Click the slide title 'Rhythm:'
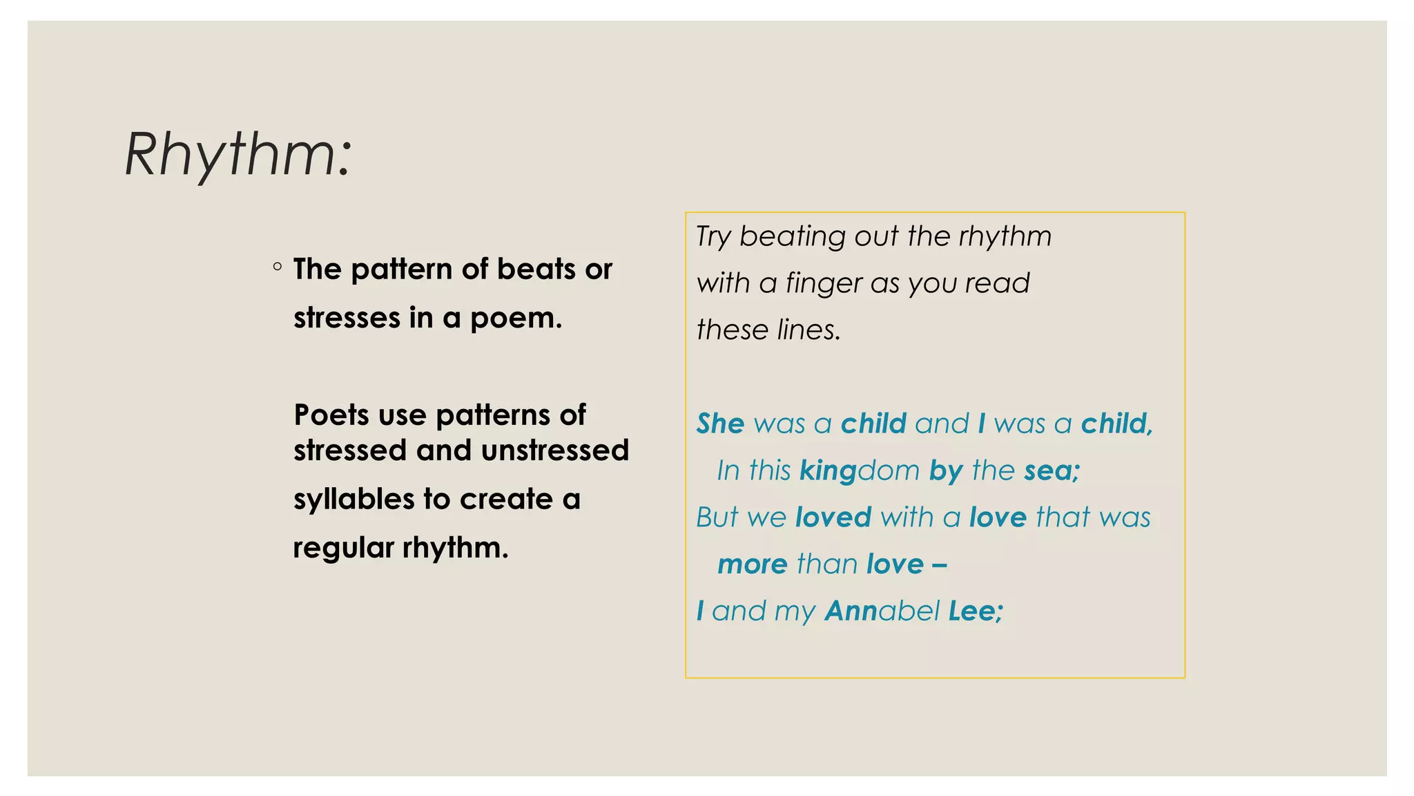(238, 155)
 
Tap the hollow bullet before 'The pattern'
(278, 267)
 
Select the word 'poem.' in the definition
(516, 319)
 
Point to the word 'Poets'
(331, 415)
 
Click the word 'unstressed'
(555, 451)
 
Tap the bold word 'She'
(720, 424)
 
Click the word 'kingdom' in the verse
(860, 471)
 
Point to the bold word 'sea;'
(1052, 471)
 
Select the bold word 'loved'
(833, 518)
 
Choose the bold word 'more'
(752, 565)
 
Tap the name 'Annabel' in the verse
(882, 612)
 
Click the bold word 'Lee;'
(976, 612)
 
